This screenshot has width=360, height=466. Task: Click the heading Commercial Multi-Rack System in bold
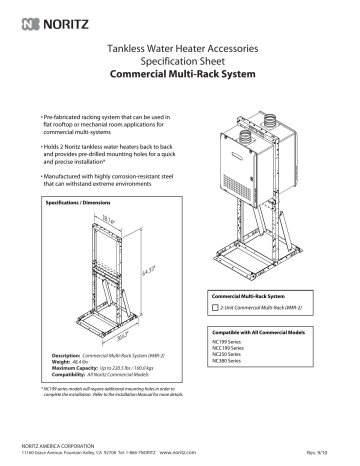[x=179, y=74]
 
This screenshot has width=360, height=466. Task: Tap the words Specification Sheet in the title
[x=179, y=61]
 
